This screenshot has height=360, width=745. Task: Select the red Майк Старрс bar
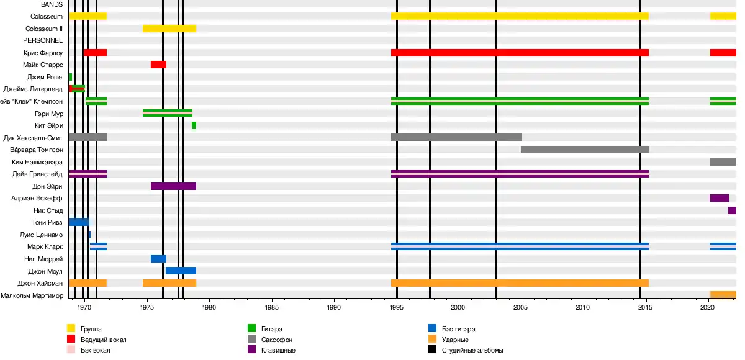pyautogui.click(x=158, y=65)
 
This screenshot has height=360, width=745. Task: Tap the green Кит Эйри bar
pyautogui.click(x=194, y=125)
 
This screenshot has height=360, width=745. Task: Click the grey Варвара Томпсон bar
pyautogui.click(x=584, y=150)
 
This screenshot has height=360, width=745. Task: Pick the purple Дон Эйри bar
pyautogui.click(x=173, y=186)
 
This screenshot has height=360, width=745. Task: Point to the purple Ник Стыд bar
pyautogui.click(x=732, y=210)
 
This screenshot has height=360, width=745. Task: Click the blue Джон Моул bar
pyautogui.click(x=181, y=271)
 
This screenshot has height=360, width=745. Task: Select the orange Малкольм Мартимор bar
pyautogui.click(x=723, y=295)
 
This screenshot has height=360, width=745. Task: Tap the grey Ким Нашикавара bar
pyautogui.click(x=723, y=162)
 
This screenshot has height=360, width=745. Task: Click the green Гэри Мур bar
pyautogui.click(x=167, y=113)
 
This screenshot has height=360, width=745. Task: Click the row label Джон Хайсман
pyautogui.click(x=40, y=283)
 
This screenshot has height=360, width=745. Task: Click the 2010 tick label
pyautogui.click(x=583, y=307)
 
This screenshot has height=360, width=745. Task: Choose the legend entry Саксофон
pyautogui.click(x=279, y=340)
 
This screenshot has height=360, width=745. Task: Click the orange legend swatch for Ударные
pyautogui.click(x=433, y=340)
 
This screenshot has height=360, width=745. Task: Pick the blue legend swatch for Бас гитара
pyautogui.click(x=433, y=329)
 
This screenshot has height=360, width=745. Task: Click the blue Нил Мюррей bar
pyautogui.click(x=158, y=259)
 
